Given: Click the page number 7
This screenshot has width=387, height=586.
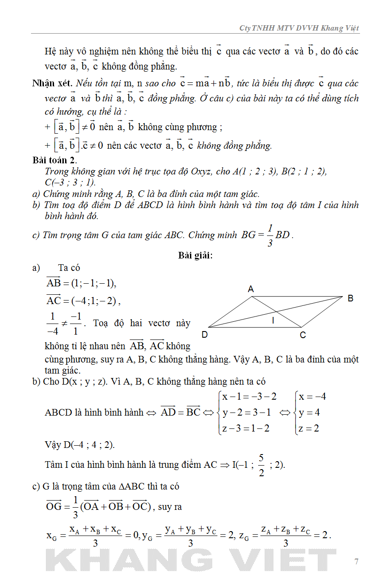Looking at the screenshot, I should click(356, 562).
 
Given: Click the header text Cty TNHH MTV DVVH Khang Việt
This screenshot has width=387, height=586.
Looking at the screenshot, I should click(299, 28).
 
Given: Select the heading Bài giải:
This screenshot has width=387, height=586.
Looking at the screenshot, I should click(195, 255).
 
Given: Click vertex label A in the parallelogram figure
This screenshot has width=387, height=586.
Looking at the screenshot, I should click(251, 289).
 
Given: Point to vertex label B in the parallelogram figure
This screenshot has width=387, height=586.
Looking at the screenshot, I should click(350, 298).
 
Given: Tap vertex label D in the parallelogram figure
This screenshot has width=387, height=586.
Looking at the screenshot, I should click(205, 335).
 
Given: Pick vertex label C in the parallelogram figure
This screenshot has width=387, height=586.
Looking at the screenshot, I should click(303, 335).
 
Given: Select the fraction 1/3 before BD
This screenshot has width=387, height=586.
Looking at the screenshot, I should click(269, 235).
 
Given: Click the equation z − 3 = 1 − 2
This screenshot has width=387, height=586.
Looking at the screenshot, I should click(246, 428).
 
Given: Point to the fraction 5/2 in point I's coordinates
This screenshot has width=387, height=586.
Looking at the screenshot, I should click(261, 465).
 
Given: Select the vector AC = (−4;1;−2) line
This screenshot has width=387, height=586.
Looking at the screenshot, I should click(83, 301).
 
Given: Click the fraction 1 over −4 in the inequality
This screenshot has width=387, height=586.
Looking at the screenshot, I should click(52, 324).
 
